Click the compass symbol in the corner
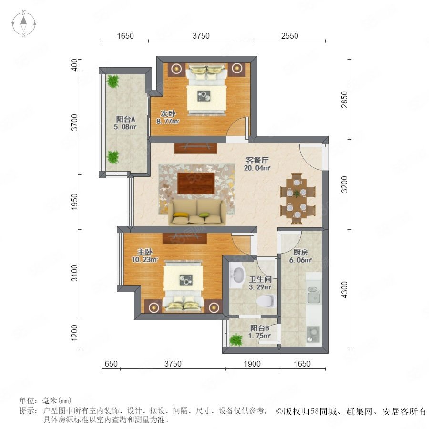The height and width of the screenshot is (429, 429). pyautogui.click(x=24, y=24)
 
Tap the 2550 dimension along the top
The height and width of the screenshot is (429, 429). pyautogui.click(x=289, y=36)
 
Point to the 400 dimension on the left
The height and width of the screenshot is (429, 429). pyautogui.click(x=74, y=65)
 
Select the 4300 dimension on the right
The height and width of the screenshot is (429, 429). pyautogui.click(x=344, y=290)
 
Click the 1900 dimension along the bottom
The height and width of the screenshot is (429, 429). pyautogui.click(x=252, y=364)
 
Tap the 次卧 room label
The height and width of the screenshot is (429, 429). pyautogui.click(x=168, y=113)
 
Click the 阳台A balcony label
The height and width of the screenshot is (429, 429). pyautogui.click(x=125, y=119)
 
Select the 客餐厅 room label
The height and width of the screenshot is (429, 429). pyautogui.click(x=257, y=160)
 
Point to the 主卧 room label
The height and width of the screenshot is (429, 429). pyautogui.click(x=145, y=252)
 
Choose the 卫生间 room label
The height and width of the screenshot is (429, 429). pyautogui.click(x=260, y=279)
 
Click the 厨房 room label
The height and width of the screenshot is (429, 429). pyautogui.click(x=300, y=252)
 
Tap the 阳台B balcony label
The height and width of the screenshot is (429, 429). pyautogui.click(x=260, y=328)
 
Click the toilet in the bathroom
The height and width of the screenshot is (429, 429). pyautogui.click(x=265, y=301)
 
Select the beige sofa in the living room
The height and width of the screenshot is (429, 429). pyautogui.click(x=197, y=212)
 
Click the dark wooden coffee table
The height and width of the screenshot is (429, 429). pyautogui.click(x=196, y=183)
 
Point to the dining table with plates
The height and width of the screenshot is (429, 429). pyautogui.click(x=297, y=198)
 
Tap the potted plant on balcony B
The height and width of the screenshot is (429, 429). pyautogui.click(x=236, y=340)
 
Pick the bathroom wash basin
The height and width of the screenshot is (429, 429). pyautogui.click(x=237, y=275)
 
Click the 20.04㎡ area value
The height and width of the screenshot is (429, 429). pyautogui.click(x=257, y=168)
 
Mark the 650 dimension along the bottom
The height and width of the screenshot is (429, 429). pyautogui.click(x=111, y=364)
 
